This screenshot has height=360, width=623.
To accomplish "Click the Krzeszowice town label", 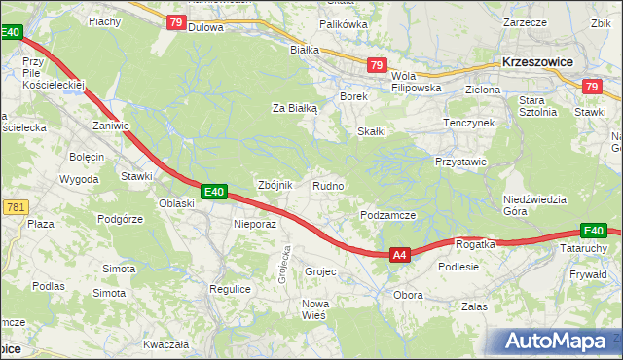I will (x=536, y=61).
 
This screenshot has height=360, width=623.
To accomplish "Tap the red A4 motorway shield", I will (x=399, y=255).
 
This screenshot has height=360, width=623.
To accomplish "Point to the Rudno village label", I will (x=327, y=185).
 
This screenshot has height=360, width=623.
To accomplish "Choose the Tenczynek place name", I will (x=469, y=123).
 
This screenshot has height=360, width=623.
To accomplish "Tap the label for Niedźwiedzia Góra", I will (x=534, y=205).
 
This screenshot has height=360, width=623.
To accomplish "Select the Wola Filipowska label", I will (x=417, y=82).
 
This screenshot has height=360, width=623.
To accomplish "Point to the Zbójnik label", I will (x=274, y=185).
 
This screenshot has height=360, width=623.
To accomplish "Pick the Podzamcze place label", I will (x=388, y=215).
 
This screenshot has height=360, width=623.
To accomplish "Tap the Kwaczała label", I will (x=165, y=344).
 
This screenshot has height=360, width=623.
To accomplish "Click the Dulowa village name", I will (x=205, y=27).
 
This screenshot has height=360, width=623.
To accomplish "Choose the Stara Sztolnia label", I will (x=537, y=106).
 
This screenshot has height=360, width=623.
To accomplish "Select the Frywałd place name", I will (x=588, y=274).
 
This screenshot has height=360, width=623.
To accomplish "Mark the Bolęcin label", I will (x=86, y=157).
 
